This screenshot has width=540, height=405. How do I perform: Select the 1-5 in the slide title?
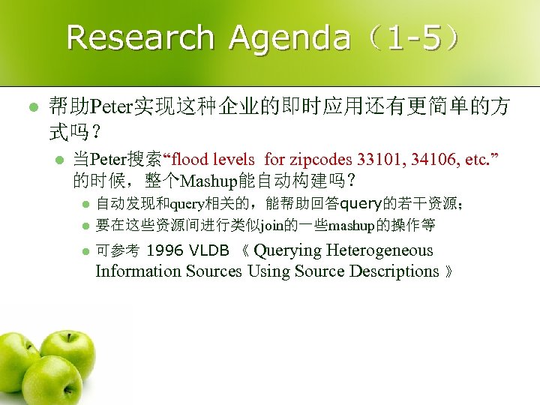[x=409, y=37]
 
